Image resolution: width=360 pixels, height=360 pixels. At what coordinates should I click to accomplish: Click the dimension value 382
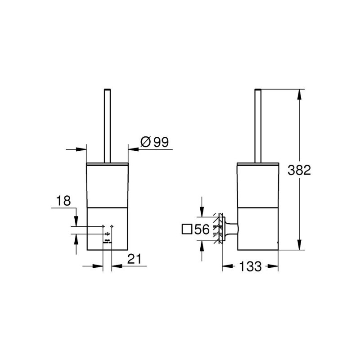click(299, 170)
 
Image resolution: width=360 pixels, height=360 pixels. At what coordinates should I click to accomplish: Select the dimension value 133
click(250, 266)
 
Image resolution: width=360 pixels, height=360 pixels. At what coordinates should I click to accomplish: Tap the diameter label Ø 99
click(154, 142)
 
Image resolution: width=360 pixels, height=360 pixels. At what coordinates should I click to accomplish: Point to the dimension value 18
click(63, 201)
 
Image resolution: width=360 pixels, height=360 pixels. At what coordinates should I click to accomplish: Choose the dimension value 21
click(134, 259)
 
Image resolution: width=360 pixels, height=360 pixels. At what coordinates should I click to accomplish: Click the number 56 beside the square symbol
click(202, 229)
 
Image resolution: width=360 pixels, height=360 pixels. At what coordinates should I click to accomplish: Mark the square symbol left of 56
click(187, 229)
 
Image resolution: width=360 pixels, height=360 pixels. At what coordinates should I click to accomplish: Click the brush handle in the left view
click(107, 126)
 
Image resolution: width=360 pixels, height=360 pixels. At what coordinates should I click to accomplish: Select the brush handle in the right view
click(258, 126)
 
